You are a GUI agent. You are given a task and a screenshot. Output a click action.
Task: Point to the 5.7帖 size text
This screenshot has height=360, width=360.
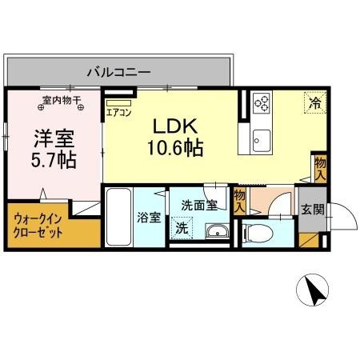tap(54, 160)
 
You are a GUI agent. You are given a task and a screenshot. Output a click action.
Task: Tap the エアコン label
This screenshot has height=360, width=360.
tap(119, 113)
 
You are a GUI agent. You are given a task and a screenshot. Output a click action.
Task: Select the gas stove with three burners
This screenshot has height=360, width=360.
tap(262, 103)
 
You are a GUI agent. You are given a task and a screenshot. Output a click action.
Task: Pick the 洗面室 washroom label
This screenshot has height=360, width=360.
tap(199, 205)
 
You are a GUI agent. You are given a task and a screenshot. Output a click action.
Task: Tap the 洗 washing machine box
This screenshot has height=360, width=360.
tap(182, 228)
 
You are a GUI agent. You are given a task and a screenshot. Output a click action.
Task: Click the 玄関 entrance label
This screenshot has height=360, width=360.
tap(312, 210)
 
